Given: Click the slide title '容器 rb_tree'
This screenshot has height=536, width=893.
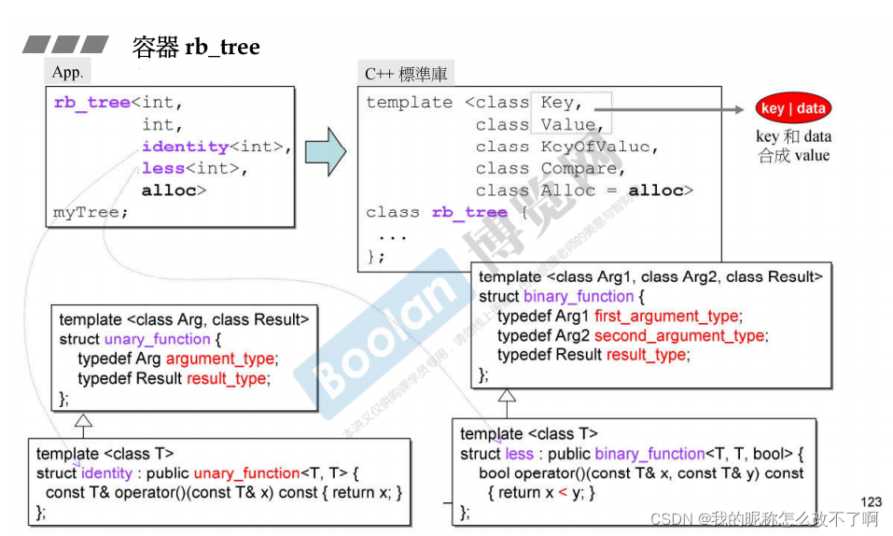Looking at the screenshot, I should click(x=196, y=47).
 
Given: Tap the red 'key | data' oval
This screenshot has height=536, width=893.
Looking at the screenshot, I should click(x=792, y=108).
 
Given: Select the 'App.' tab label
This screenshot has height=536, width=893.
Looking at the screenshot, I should click(x=68, y=73).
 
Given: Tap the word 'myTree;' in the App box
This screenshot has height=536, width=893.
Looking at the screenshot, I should click(x=91, y=213).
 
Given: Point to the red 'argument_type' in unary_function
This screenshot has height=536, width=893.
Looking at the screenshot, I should click(x=220, y=359).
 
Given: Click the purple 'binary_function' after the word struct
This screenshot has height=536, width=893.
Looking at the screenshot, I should click(x=579, y=296).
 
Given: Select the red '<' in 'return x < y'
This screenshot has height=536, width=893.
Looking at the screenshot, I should click(x=563, y=492).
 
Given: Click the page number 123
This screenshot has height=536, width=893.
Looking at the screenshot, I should click(x=870, y=502).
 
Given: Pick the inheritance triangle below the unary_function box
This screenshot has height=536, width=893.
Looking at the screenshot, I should click(x=83, y=420).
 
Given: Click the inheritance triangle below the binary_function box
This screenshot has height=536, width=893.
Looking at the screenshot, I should click(x=507, y=397).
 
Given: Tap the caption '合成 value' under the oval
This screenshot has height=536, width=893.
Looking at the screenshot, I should click(x=793, y=156).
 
